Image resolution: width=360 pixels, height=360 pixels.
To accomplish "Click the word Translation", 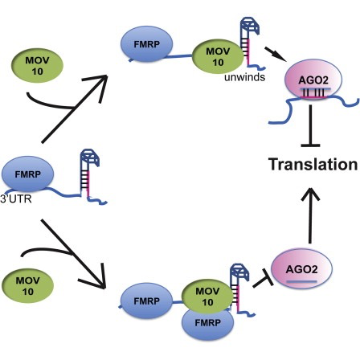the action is coord(313,164).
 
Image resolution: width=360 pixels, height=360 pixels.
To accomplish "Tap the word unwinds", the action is coord(245,77).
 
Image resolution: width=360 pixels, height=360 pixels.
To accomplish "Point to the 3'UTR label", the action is coord(16,198).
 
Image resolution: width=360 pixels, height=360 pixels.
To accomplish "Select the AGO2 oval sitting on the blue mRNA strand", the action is coord(313,80).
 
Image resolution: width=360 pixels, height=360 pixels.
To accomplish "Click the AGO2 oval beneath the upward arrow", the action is coord(302,268).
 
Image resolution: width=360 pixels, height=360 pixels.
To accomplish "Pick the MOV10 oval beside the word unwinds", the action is coord(218,56).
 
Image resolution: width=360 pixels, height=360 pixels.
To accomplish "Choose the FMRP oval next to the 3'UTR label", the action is coord(28,174).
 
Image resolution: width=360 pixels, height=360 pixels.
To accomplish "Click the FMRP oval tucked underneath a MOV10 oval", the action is coord(207,324).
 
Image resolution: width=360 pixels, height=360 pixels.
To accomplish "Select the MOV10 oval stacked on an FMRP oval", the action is coord(207,297).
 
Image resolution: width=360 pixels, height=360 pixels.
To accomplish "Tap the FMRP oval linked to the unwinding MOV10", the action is coord(147,44).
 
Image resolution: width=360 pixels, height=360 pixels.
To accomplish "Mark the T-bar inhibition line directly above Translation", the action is coord(310,125).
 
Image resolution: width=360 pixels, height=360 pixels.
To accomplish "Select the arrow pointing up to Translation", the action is coord(310,215).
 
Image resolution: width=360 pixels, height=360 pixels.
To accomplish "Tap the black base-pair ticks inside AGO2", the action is coord(313,93).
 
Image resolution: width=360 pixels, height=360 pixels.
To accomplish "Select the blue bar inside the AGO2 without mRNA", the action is coord(301,281).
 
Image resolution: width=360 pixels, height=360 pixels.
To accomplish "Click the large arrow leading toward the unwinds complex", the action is coord(75,108).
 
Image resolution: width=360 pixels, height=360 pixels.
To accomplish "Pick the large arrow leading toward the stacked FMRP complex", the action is coord(72,254).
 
